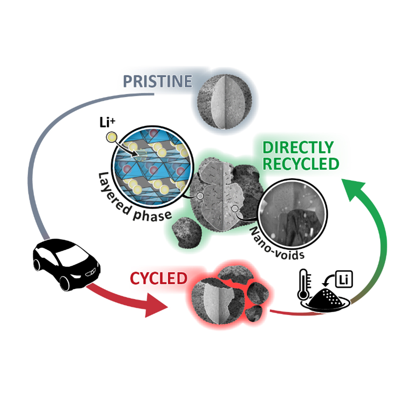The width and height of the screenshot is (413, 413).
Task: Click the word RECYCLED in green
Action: [x=301, y=164]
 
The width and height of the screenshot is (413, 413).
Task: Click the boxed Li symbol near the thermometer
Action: [x=344, y=280]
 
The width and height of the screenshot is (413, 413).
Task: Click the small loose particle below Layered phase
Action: [x=184, y=234]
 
